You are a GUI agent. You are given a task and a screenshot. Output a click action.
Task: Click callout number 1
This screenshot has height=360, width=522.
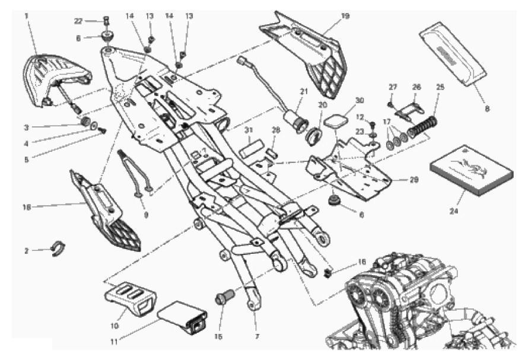27,15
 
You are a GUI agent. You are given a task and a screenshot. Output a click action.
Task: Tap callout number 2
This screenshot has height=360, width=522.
27,251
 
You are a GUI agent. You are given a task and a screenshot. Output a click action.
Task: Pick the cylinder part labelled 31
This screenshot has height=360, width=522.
249,146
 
